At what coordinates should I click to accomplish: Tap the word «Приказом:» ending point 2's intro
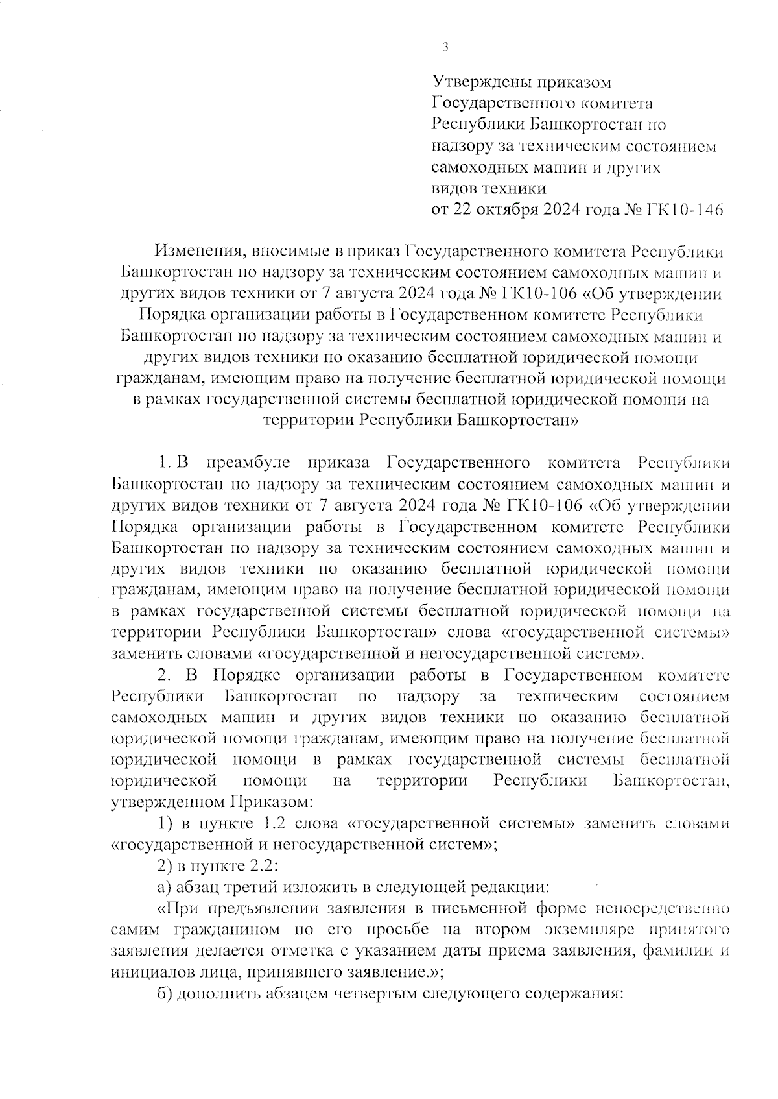[272, 803]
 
